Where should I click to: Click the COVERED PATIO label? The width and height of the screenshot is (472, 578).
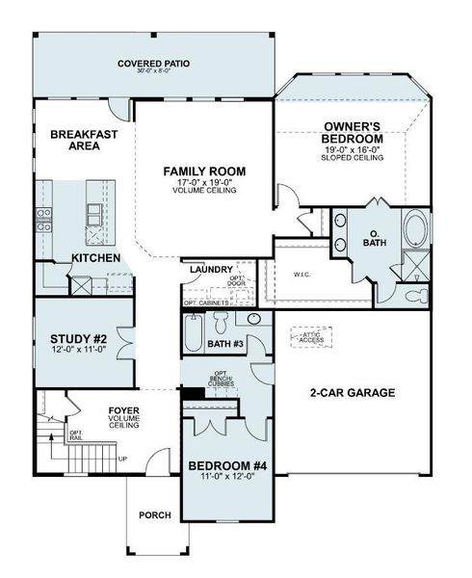154,64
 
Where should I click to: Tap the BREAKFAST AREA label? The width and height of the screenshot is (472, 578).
84,140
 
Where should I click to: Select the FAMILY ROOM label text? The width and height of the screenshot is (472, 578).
204,171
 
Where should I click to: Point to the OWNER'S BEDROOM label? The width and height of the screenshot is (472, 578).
353,133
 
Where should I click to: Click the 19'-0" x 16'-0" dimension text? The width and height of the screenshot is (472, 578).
353,151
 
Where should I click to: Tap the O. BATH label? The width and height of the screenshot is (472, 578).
374,237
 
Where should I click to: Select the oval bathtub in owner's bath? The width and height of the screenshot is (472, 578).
415,230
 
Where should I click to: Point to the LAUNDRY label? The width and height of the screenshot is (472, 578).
209,270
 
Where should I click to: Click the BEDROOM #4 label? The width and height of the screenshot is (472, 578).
226,467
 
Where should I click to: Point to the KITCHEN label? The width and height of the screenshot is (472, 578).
96,259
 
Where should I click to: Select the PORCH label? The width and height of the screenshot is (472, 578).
154,515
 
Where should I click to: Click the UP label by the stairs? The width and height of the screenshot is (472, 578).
122,459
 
